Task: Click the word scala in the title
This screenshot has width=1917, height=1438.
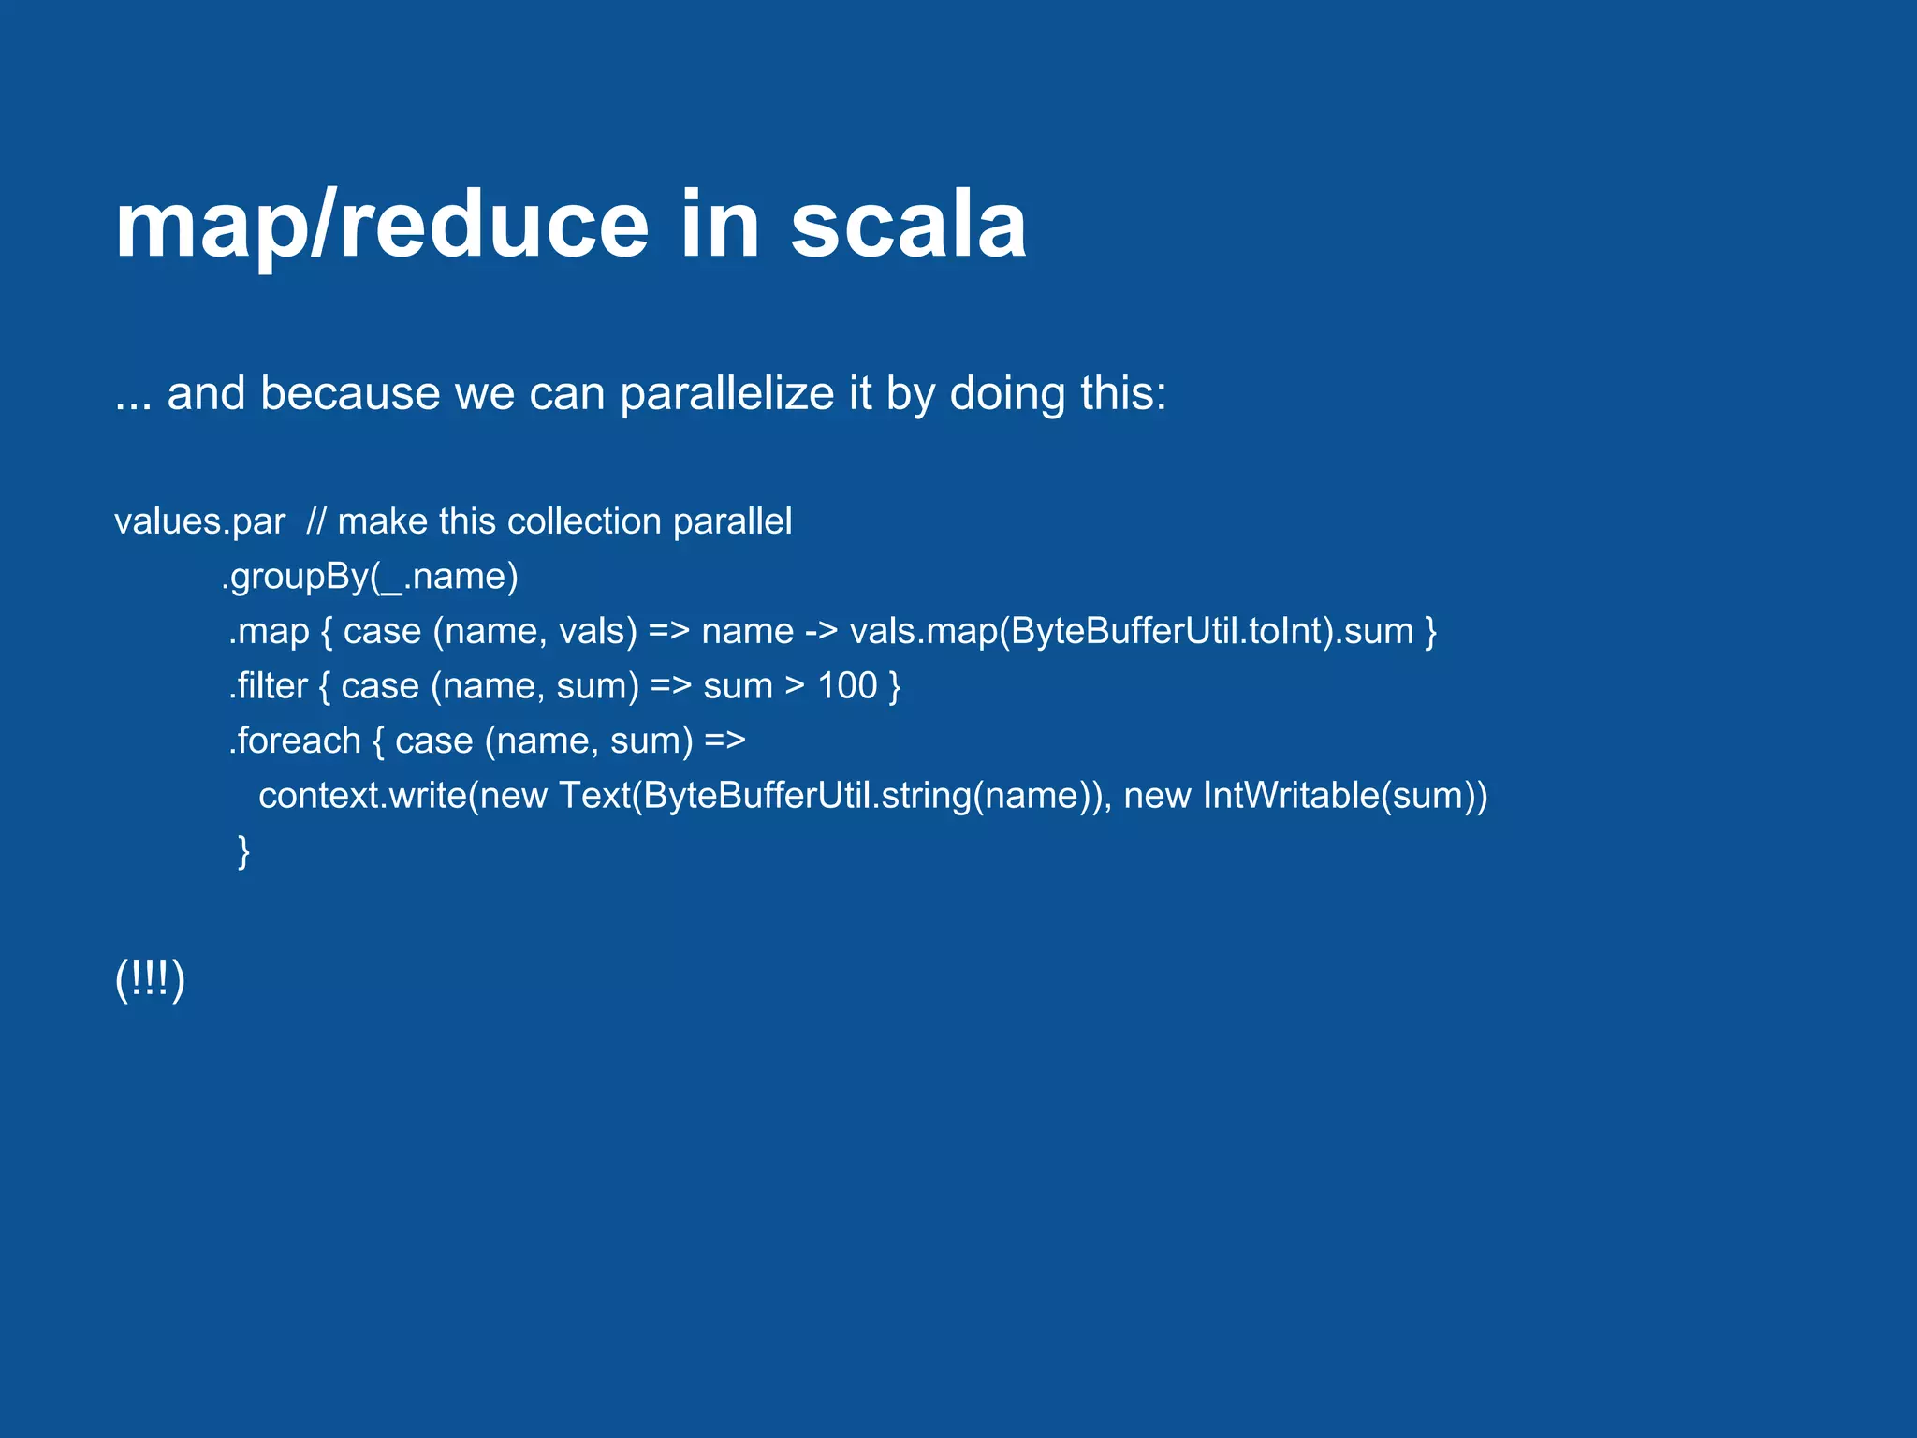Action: click(908, 227)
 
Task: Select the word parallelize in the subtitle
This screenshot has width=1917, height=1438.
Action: click(726, 393)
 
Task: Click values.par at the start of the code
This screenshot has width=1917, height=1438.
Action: click(199, 521)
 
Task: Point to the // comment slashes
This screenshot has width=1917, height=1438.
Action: click(315, 521)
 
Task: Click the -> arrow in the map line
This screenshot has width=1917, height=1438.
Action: click(821, 631)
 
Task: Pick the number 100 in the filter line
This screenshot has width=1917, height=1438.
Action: click(847, 686)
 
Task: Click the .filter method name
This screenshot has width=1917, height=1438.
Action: click(269, 686)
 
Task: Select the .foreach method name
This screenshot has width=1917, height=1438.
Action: click(295, 741)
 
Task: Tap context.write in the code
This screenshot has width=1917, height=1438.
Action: click(362, 796)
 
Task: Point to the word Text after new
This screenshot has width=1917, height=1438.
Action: click(594, 796)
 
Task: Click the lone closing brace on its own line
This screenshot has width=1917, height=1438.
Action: click(243, 851)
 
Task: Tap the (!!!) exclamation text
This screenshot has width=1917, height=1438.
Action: click(150, 979)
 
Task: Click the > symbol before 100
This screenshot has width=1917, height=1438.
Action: click(795, 686)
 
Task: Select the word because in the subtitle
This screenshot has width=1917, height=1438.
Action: click(350, 393)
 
